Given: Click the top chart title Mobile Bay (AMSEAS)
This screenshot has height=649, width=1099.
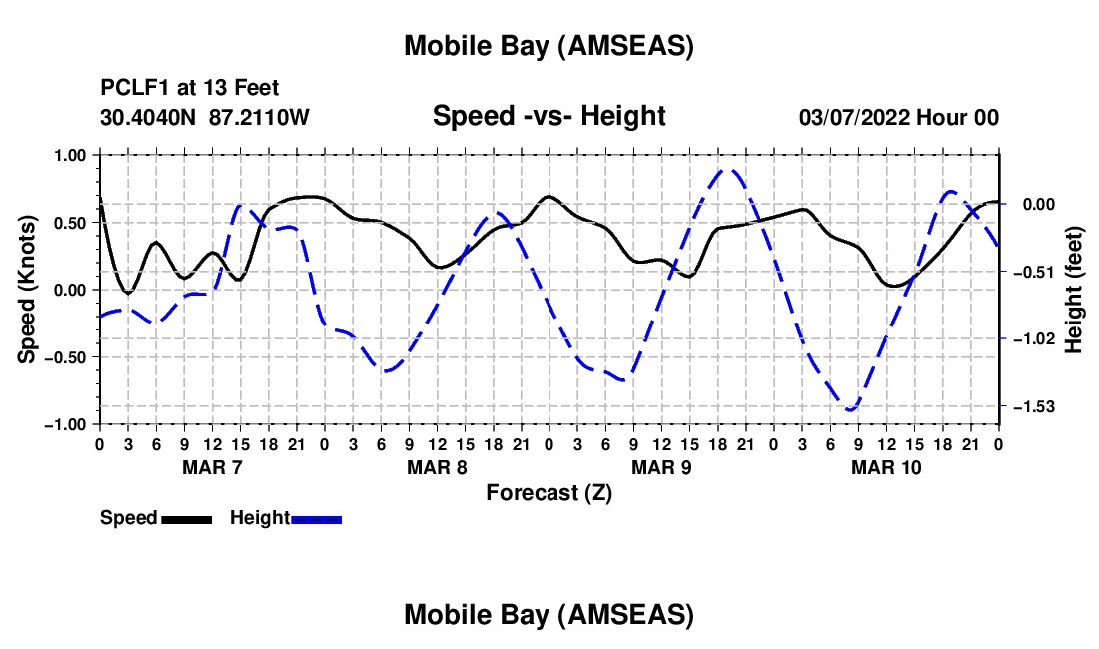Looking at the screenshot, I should click(549, 46).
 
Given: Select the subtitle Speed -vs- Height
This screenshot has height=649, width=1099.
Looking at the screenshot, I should click(549, 116).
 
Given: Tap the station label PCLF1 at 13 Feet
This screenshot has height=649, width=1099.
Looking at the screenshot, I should click(190, 88).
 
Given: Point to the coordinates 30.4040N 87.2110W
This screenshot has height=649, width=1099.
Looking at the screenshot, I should click(205, 117).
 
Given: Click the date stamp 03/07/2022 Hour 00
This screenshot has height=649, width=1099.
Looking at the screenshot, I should click(899, 117).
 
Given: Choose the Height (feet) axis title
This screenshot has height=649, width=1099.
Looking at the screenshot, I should click(1074, 289).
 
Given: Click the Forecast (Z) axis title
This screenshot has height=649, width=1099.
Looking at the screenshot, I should click(549, 492).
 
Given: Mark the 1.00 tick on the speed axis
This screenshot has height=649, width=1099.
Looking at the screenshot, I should click(73, 155).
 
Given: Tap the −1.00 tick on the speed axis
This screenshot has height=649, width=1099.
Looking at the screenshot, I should click(69, 424).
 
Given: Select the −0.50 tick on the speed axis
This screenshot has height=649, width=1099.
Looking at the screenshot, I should click(69, 357).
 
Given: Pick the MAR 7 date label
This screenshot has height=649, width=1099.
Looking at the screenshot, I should click(212, 467).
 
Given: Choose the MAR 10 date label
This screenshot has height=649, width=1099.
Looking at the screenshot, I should click(886, 467).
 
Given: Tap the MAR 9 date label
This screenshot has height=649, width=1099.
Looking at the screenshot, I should click(661, 467).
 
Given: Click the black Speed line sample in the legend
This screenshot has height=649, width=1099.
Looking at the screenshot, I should click(186, 519).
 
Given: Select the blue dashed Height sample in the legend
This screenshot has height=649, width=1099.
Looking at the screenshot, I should click(317, 519).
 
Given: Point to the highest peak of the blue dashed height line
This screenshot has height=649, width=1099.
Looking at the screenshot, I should click(728, 170).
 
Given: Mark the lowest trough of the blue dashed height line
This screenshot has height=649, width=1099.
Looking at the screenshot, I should click(851, 410).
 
